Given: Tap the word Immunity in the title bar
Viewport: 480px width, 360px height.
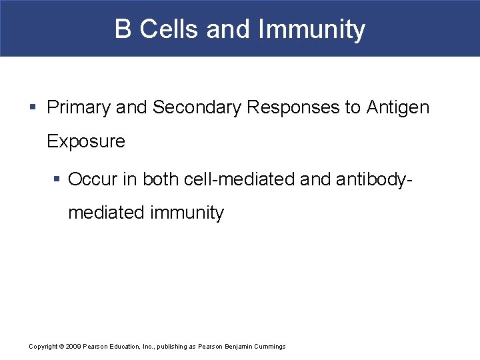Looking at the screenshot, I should click(x=311, y=29).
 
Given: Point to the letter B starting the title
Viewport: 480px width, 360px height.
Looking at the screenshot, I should click(x=123, y=29).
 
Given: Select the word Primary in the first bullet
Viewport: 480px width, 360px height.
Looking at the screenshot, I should click(x=79, y=107).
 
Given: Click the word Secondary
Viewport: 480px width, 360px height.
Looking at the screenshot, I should click(x=197, y=107).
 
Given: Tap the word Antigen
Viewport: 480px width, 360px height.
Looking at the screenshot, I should click(x=398, y=107).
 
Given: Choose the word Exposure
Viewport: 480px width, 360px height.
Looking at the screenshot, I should click(x=86, y=141).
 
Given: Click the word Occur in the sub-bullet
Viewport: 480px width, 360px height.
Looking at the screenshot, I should click(x=91, y=179).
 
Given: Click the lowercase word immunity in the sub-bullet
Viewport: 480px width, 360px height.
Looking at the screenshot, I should click(x=187, y=213).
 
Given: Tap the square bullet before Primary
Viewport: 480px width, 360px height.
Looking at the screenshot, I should click(x=33, y=107).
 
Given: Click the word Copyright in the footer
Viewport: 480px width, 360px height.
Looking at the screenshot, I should click(x=43, y=347).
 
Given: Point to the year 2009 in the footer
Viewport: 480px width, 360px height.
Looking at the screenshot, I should click(x=73, y=347).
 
